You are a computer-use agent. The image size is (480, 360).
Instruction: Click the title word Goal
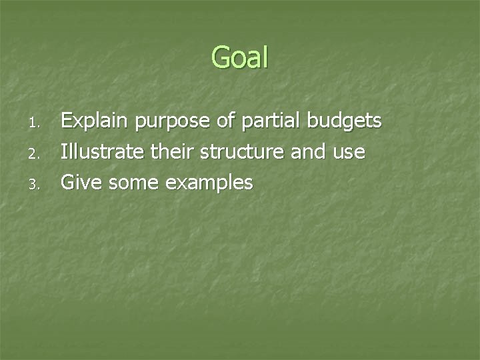[x=240, y=57]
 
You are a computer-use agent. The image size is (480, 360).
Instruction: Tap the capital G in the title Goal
[x=221, y=57]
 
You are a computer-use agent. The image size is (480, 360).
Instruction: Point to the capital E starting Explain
[x=67, y=121]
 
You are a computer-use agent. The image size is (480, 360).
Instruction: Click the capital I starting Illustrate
[x=64, y=151]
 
